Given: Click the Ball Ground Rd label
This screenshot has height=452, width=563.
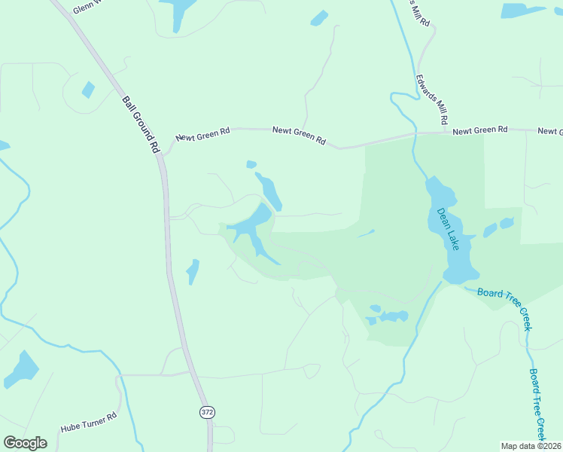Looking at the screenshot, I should pos(142,124).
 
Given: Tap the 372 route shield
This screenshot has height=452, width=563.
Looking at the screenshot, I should pos(207,412).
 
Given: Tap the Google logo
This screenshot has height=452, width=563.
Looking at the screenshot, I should pos(25,443).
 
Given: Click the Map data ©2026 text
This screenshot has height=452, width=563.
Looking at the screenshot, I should pos(531,446).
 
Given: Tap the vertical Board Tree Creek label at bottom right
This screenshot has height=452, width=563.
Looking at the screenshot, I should pos(537,404).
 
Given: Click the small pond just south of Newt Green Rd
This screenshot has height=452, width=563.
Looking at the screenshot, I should pos(251,164).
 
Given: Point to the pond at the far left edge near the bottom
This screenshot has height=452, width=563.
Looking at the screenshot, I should pos(21,369).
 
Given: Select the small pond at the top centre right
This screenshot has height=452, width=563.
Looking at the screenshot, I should pos(320,17).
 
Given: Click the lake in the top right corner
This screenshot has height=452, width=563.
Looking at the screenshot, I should pos(522,11).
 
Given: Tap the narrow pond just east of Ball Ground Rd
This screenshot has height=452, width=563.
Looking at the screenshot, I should pos(193,271).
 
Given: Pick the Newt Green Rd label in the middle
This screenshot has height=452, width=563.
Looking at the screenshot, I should pos(299,136).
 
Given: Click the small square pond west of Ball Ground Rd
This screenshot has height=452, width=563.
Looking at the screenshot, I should pos(89,90).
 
